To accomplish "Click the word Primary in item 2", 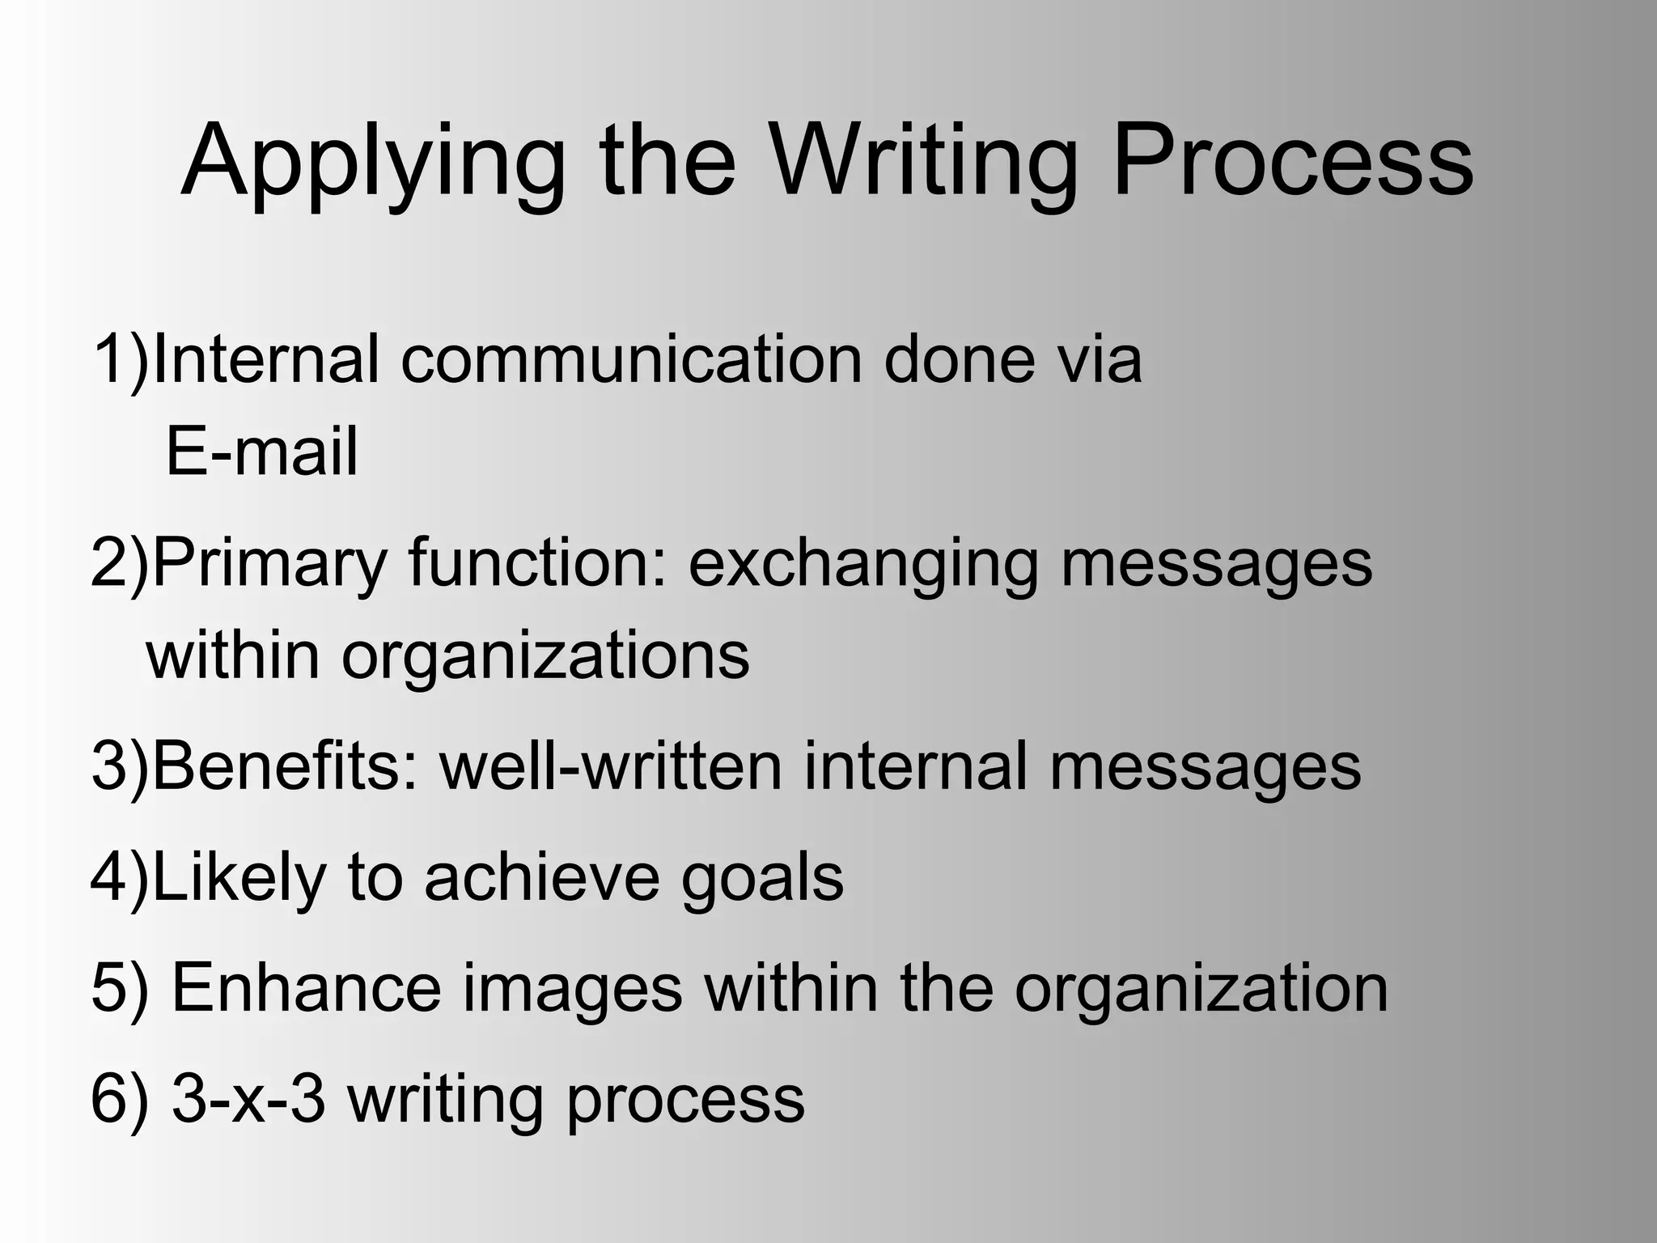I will [269, 564].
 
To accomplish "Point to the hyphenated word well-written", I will [611, 766].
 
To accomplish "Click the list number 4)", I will [120, 878].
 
